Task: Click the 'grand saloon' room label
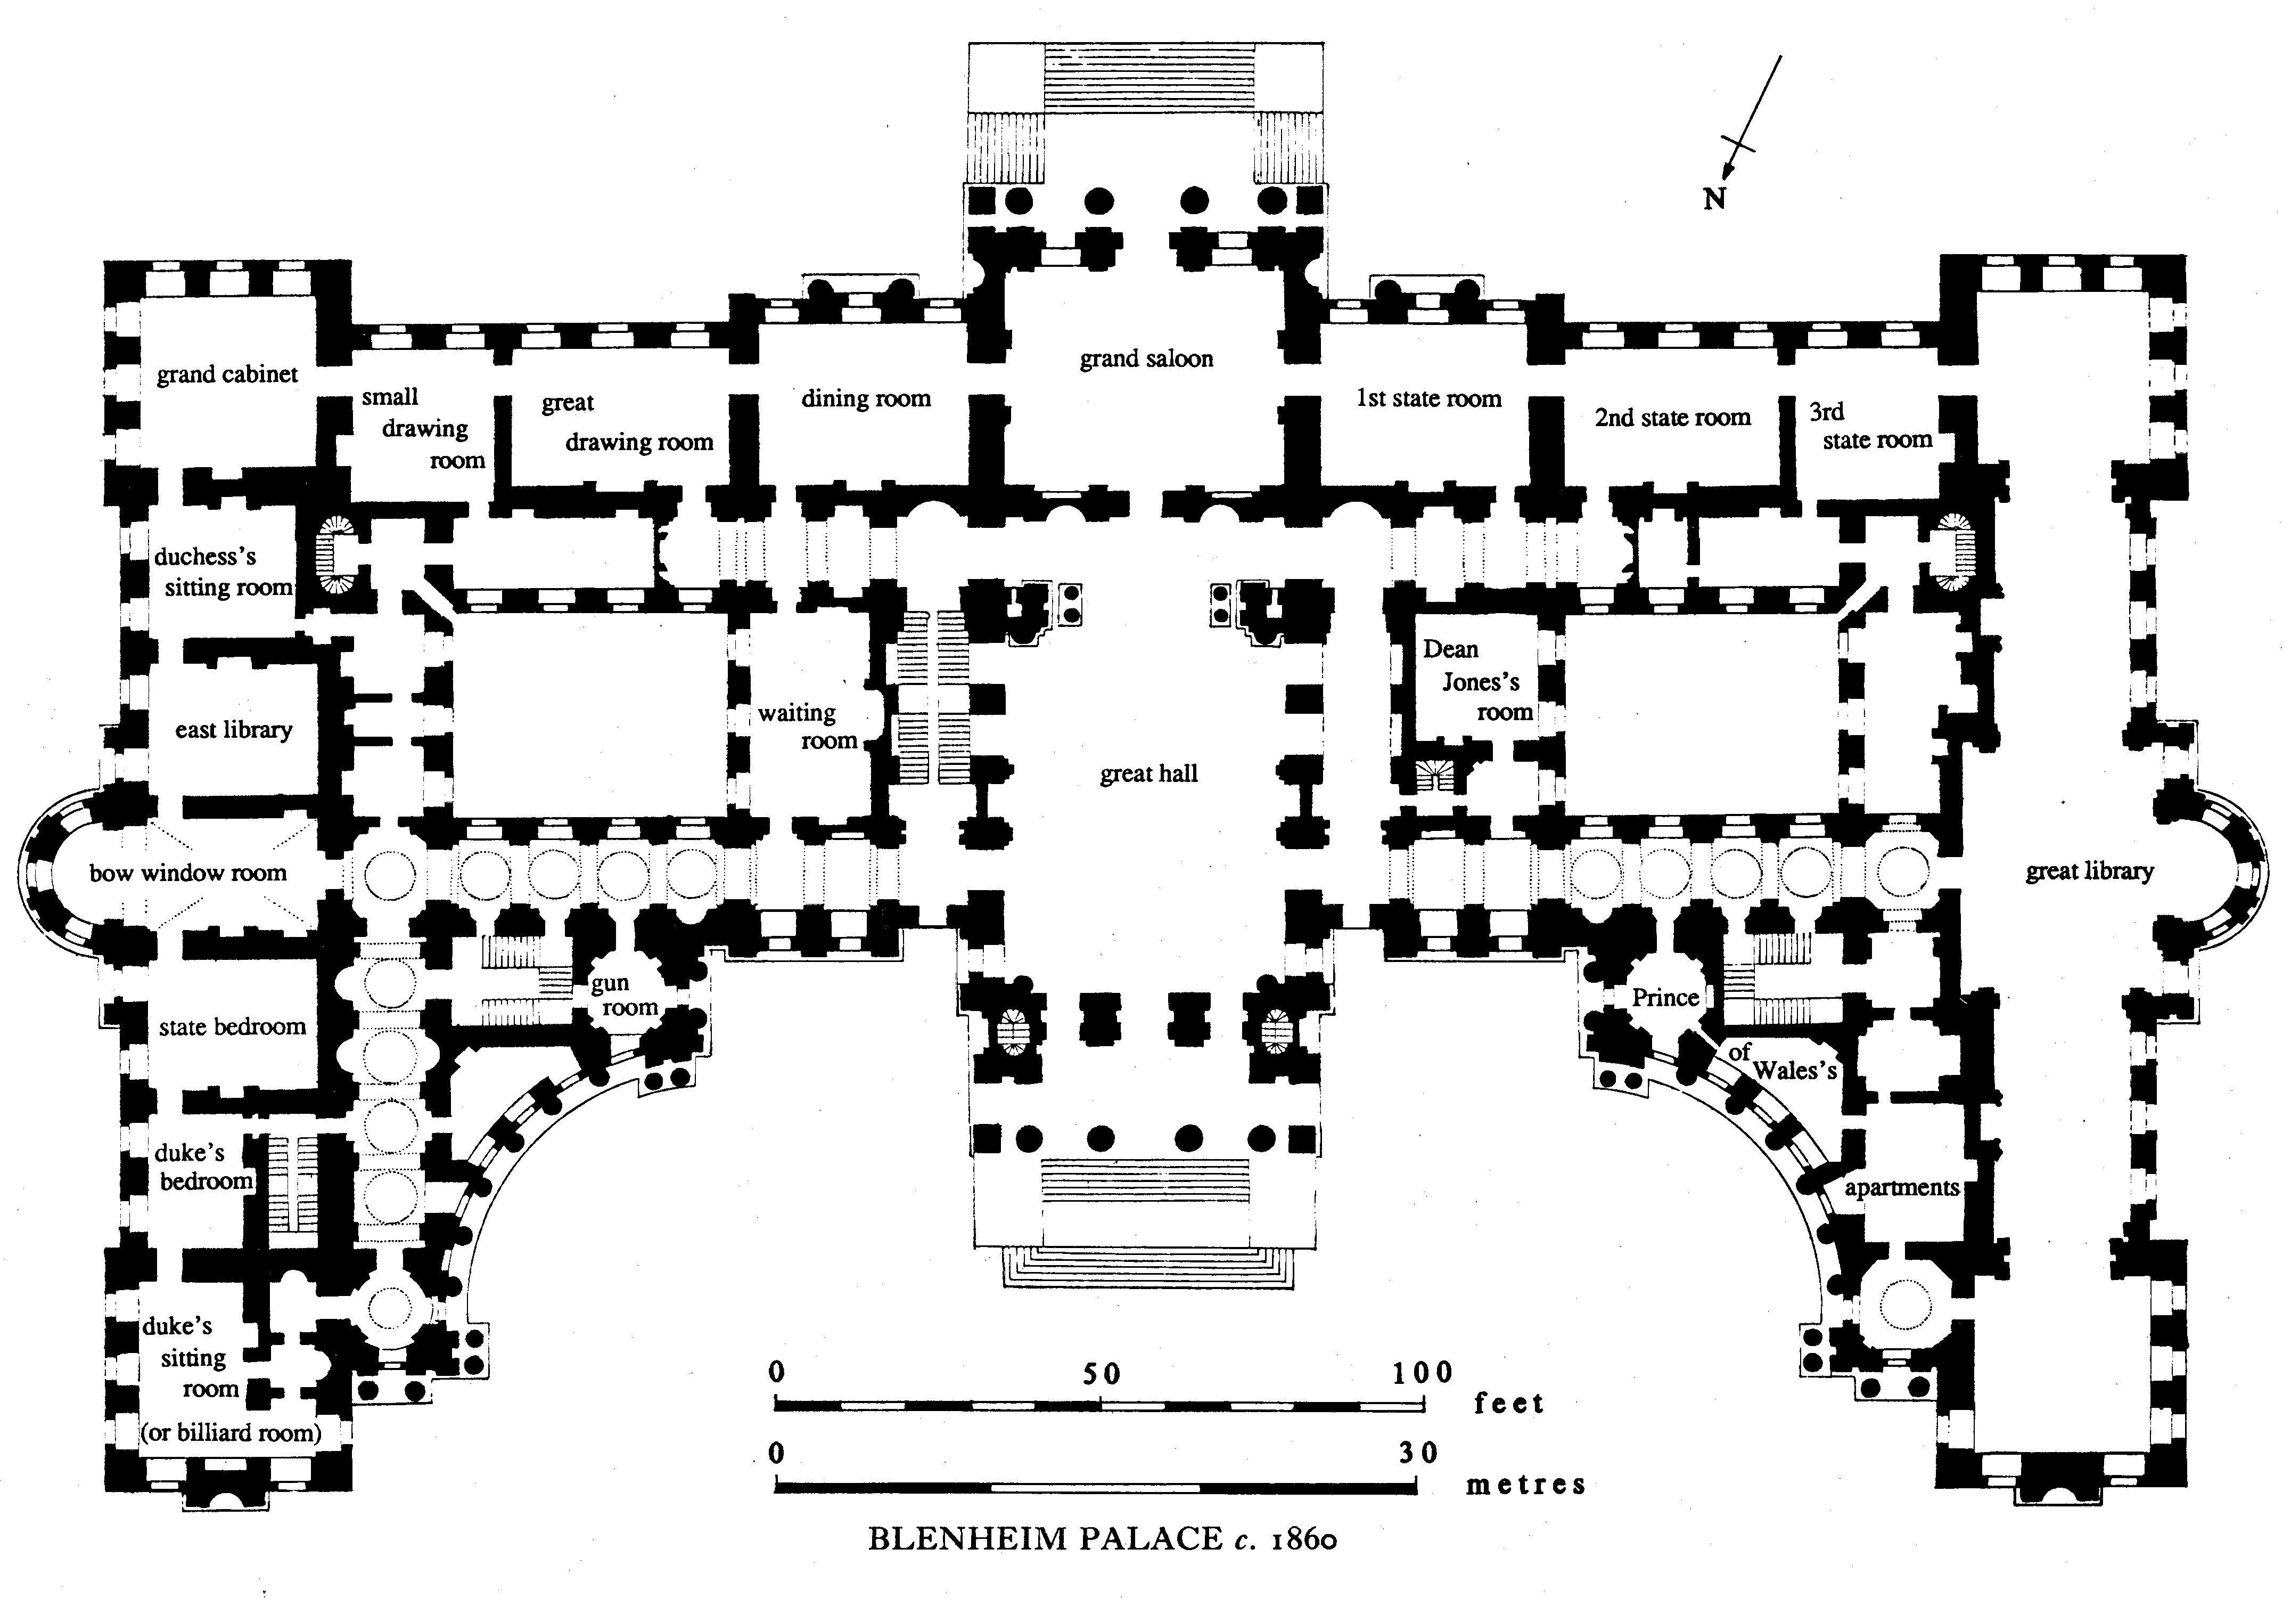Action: point(1146,360)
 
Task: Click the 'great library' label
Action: point(2089,871)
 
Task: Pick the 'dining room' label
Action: point(865,400)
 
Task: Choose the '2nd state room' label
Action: point(1672,418)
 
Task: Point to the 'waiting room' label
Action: point(808,727)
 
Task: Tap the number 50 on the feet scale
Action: point(1102,1374)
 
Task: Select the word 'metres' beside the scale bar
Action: point(1526,1485)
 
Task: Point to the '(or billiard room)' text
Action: point(231,1433)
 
